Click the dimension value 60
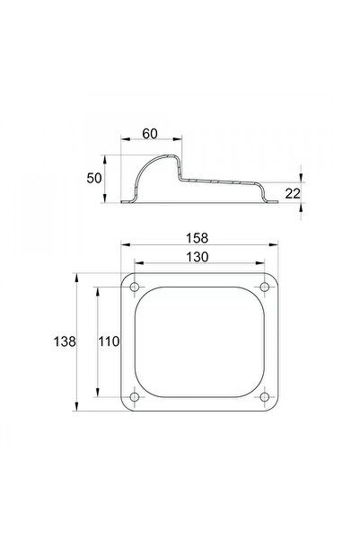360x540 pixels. click(x=150, y=134)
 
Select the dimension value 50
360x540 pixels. click(x=94, y=179)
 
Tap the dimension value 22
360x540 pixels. click(x=293, y=194)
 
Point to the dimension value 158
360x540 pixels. click(x=198, y=238)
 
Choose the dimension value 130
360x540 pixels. click(x=198, y=257)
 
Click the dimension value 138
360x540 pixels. click(x=65, y=341)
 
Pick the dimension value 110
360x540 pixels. click(x=109, y=341)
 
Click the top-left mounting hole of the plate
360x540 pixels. click(x=135, y=287)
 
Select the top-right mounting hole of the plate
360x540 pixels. click(x=264, y=287)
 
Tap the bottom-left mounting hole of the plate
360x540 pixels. click(x=135, y=397)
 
